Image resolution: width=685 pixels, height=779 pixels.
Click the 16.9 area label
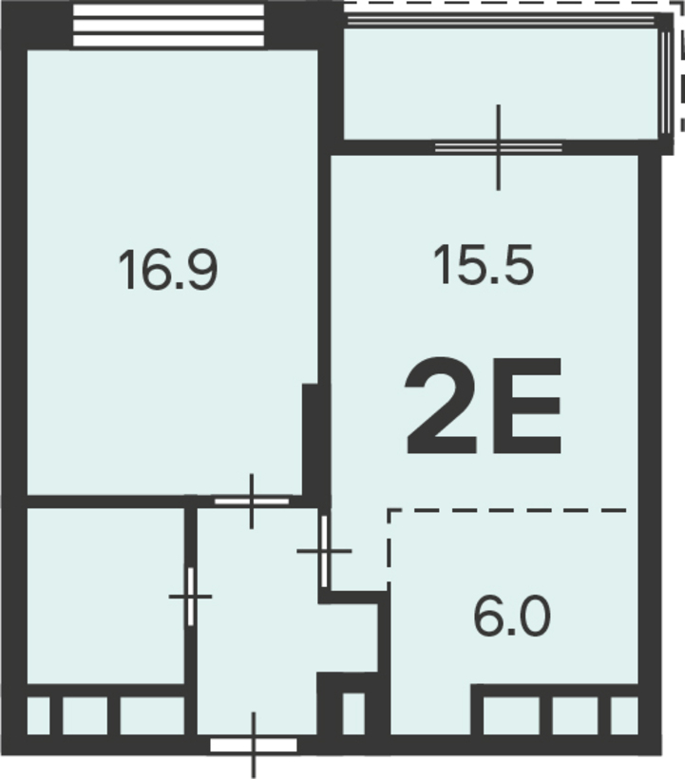[x=168, y=270]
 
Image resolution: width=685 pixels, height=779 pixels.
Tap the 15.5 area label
[x=484, y=265]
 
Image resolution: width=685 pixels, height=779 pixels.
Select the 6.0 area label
[x=512, y=617]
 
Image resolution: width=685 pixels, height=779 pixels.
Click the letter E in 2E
[x=526, y=407]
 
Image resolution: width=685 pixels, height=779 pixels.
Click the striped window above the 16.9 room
[x=168, y=26]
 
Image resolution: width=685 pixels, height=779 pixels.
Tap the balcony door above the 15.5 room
[x=499, y=147]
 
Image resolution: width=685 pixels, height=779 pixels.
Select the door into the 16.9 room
[x=252, y=502]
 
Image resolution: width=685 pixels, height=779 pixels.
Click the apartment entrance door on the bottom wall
[x=254, y=745]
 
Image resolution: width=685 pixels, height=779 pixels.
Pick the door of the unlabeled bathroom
[x=190, y=597]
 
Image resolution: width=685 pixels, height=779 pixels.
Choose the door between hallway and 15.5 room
[x=324, y=551]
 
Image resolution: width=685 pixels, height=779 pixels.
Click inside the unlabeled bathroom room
[x=105, y=596]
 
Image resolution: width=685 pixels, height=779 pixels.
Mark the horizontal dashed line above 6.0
[x=506, y=510]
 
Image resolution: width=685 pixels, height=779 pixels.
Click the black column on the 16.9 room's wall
[x=310, y=439]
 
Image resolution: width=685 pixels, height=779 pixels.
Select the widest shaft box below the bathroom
[x=152, y=715]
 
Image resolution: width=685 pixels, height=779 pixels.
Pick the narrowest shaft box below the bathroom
[x=38, y=715]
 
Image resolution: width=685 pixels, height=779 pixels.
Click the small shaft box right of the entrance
[x=353, y=713]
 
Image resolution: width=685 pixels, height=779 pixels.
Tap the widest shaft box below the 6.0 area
[x=511, y=715]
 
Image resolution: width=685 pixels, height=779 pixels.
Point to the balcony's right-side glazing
[x=666, y=82]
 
